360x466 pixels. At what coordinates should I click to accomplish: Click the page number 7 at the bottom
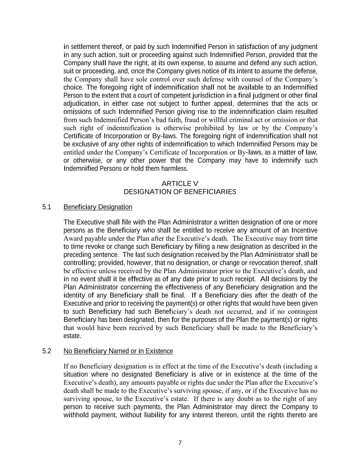tap(180, 443)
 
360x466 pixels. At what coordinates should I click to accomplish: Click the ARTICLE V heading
tap(180, 184)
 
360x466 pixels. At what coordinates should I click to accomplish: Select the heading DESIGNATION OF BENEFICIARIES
tap(180, 192)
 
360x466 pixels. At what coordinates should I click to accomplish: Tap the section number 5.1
tap(47, 207)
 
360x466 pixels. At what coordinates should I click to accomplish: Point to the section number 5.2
tap(47, 351)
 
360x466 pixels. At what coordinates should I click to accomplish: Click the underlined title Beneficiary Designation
tap(98, 207)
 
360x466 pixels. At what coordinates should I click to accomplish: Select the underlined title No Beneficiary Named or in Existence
tap(118, 351)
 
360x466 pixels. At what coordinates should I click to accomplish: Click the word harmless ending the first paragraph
tap(175, 169)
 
